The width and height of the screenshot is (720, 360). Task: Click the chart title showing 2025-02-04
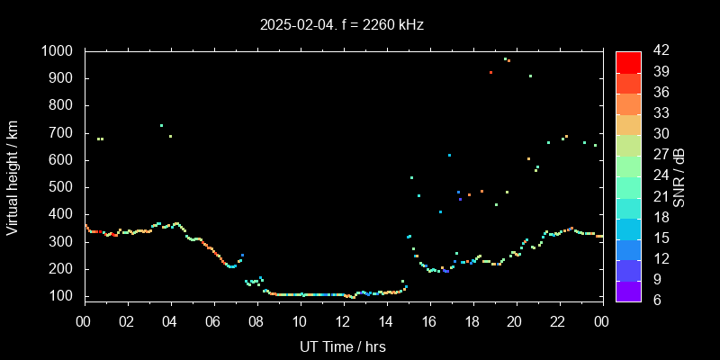coord(341,25)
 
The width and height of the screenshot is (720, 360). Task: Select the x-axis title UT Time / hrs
coord(342,346)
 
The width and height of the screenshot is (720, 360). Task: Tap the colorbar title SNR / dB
coord(679,177)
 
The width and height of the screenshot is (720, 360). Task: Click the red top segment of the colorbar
coord(628,61)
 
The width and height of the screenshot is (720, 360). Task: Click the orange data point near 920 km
coord(490,73)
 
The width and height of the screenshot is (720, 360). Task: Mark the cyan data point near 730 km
coord(161,125)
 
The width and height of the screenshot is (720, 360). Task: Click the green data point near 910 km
coord(530,76)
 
